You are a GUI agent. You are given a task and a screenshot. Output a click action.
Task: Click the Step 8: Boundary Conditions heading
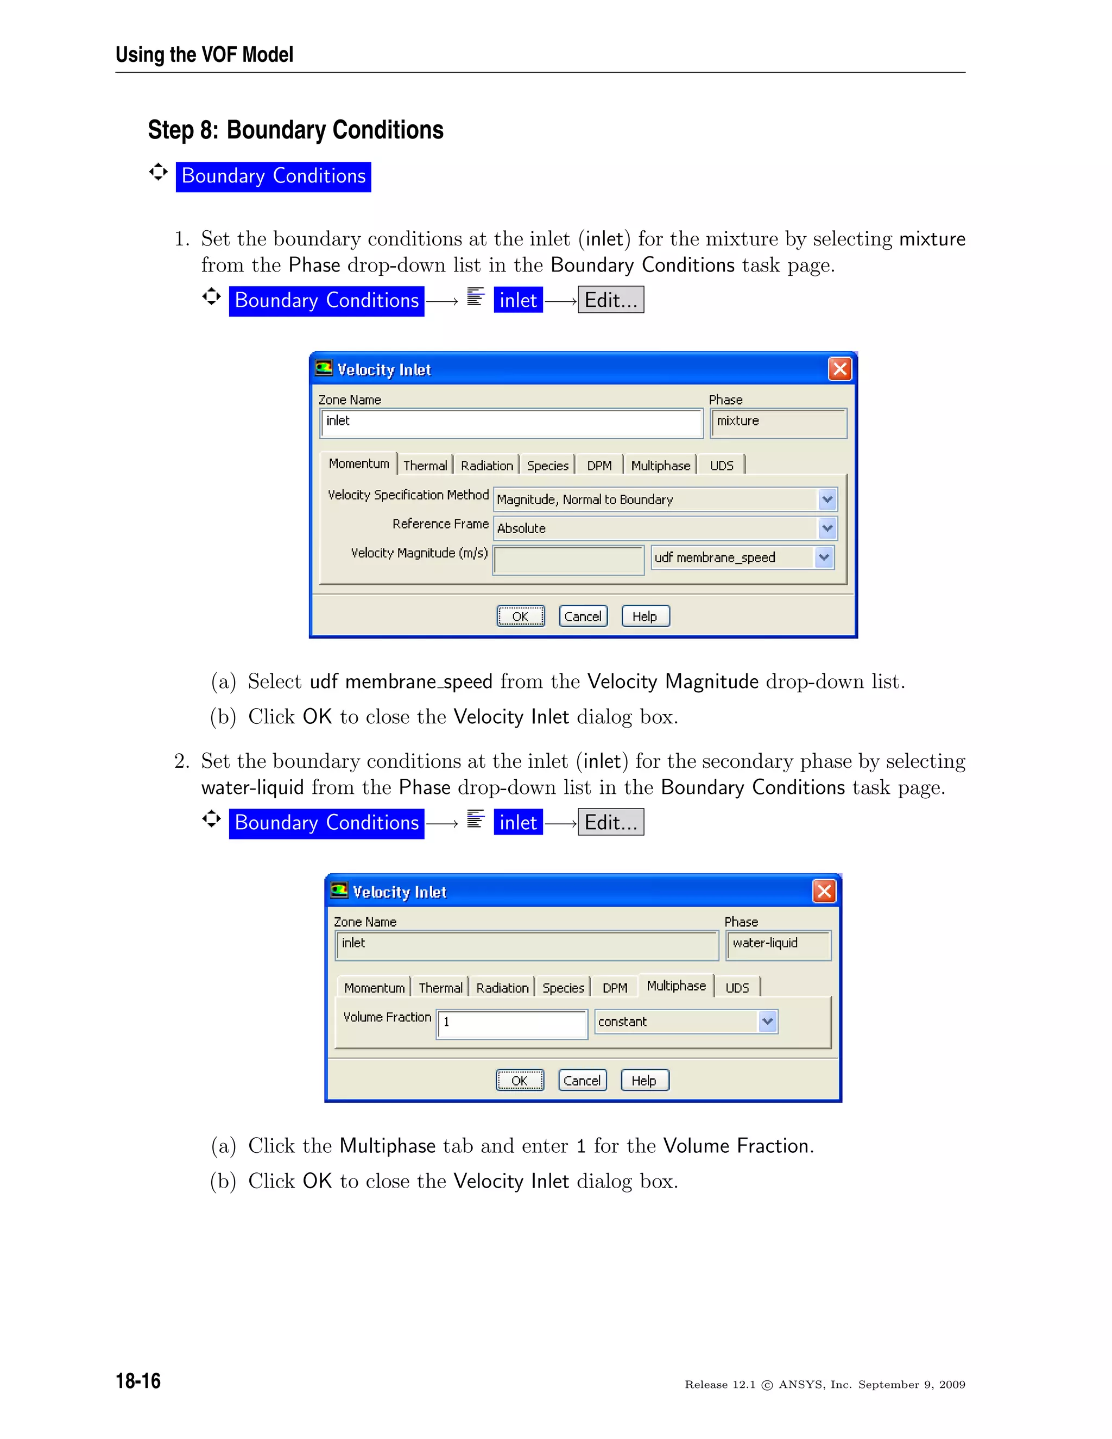tap(295, 130)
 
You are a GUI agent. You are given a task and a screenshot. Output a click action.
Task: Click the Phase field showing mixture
tap(778, 422)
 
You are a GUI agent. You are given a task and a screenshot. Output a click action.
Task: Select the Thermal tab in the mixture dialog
tap(425, 465)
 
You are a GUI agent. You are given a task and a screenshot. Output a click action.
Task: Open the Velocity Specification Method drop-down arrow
tap(827, 500)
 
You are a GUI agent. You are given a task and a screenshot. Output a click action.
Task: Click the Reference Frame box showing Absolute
tap(655, 528)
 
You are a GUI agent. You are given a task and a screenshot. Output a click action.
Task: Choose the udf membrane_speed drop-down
tap(742, 558)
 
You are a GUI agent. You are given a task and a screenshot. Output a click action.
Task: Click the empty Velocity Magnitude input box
tap(568, 560)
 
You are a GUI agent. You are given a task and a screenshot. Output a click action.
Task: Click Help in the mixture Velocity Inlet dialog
tap(645, 616)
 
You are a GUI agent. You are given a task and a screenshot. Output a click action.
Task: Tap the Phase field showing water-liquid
tap(778, 944)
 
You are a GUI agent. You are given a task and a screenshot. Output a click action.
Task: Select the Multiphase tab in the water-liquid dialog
tap(676, 986)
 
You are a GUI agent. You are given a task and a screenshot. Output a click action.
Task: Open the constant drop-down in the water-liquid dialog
tap(767, 1021)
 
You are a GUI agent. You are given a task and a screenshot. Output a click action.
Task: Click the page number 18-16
tap(138, 1380)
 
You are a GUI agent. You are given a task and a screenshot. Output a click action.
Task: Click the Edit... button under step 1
tap(611, 300)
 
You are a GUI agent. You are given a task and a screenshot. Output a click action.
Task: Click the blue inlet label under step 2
tap(518, 822)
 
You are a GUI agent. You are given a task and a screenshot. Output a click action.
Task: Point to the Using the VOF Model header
tap(204, 55)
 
